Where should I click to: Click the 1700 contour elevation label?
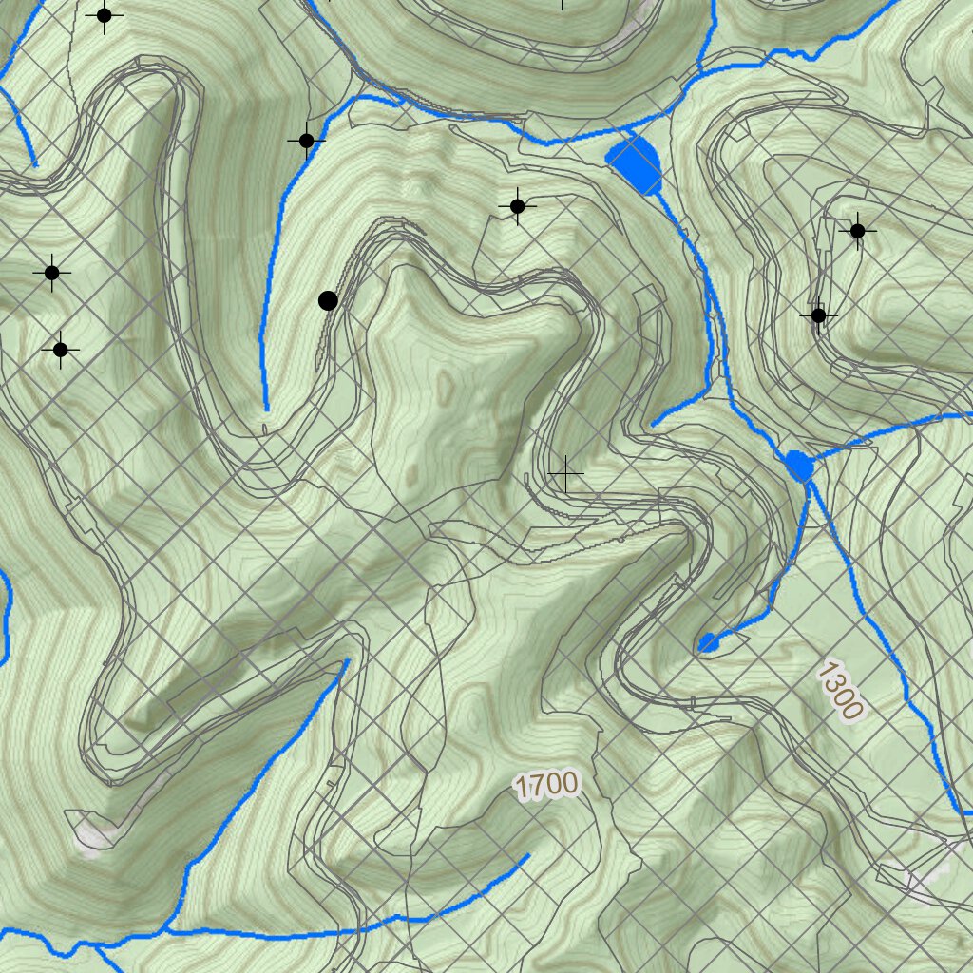[546, 785]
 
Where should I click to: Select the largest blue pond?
[635, 162]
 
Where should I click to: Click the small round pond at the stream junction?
[799, 467]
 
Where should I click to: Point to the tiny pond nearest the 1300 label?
[708, 643]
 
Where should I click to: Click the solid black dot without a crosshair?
[328, 301]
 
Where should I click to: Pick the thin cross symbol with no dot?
[566, 473]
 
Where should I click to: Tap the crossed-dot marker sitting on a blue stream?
[306, 142]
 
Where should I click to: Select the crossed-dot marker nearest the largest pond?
[517, 206]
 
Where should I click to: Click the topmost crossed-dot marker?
[105, 15]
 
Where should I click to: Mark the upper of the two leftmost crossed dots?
[52, 273]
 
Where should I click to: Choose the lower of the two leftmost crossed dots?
[60, 350]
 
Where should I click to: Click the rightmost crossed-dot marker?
[857, 231]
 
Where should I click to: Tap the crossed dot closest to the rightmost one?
[818, 315]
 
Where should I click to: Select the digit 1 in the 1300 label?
[825, 671]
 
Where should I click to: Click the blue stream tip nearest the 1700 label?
[527, 856]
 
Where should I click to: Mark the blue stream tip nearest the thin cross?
[654, 424]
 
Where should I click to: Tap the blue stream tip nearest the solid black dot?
[266, 409]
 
